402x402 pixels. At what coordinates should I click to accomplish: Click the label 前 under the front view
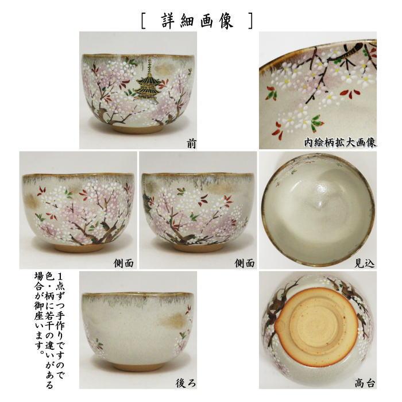click(191, 144)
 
